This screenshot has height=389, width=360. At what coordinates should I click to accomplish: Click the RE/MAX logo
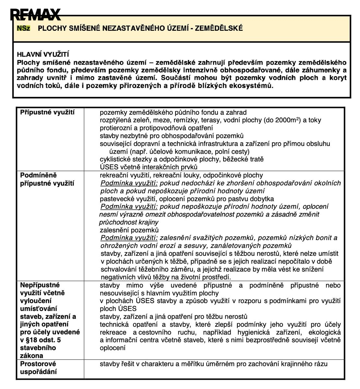[x=35, y=15]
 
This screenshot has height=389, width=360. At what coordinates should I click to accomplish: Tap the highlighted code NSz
[x=23, y=28]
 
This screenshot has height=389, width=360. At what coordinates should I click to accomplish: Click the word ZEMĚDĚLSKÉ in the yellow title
[x=219, y=28]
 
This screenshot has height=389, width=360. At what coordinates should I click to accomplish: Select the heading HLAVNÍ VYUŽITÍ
[x=43, y=55]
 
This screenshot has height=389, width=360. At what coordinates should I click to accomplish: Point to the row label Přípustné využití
[x=47, y=112]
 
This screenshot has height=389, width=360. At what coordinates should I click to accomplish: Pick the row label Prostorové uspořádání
[x=38, y=368]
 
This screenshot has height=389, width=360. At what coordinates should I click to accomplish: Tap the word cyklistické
[x=115, y=159]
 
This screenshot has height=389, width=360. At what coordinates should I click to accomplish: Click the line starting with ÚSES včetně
[x=149, y=167]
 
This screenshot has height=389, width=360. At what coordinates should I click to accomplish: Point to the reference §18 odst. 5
[x=40, y=340]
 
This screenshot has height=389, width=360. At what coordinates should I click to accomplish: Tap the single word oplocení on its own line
[x=112, y=348]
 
